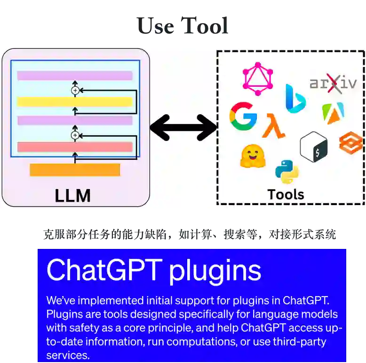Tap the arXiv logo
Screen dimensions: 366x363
pyautogui.click(x=333, y=83)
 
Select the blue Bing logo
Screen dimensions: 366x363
pyautogui.click(x=295, y=99)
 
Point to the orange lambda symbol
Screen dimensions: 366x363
pyautogui.click(x=273, y=126)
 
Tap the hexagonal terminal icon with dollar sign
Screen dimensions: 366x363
pyautogui.click(x=313, y=147)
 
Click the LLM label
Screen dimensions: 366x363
pyautogui.click(x=72, y=195)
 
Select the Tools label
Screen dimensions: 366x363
pyautogui.click(x=286, y=194)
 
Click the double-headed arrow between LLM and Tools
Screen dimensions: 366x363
pyautogui.click(x=183, y=127)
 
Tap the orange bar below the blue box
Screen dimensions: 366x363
pyautogui.click(x=75, y=170)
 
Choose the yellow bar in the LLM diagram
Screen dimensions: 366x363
pyautogui.click(x=75, y=101)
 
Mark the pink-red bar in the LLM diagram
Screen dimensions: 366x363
pyautogui.click(x=75, y=147)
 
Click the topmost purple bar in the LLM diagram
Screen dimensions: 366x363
pyautogui.click(x=75, y=75)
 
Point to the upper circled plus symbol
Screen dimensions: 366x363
pyautogui.click(x=74, y=90)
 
